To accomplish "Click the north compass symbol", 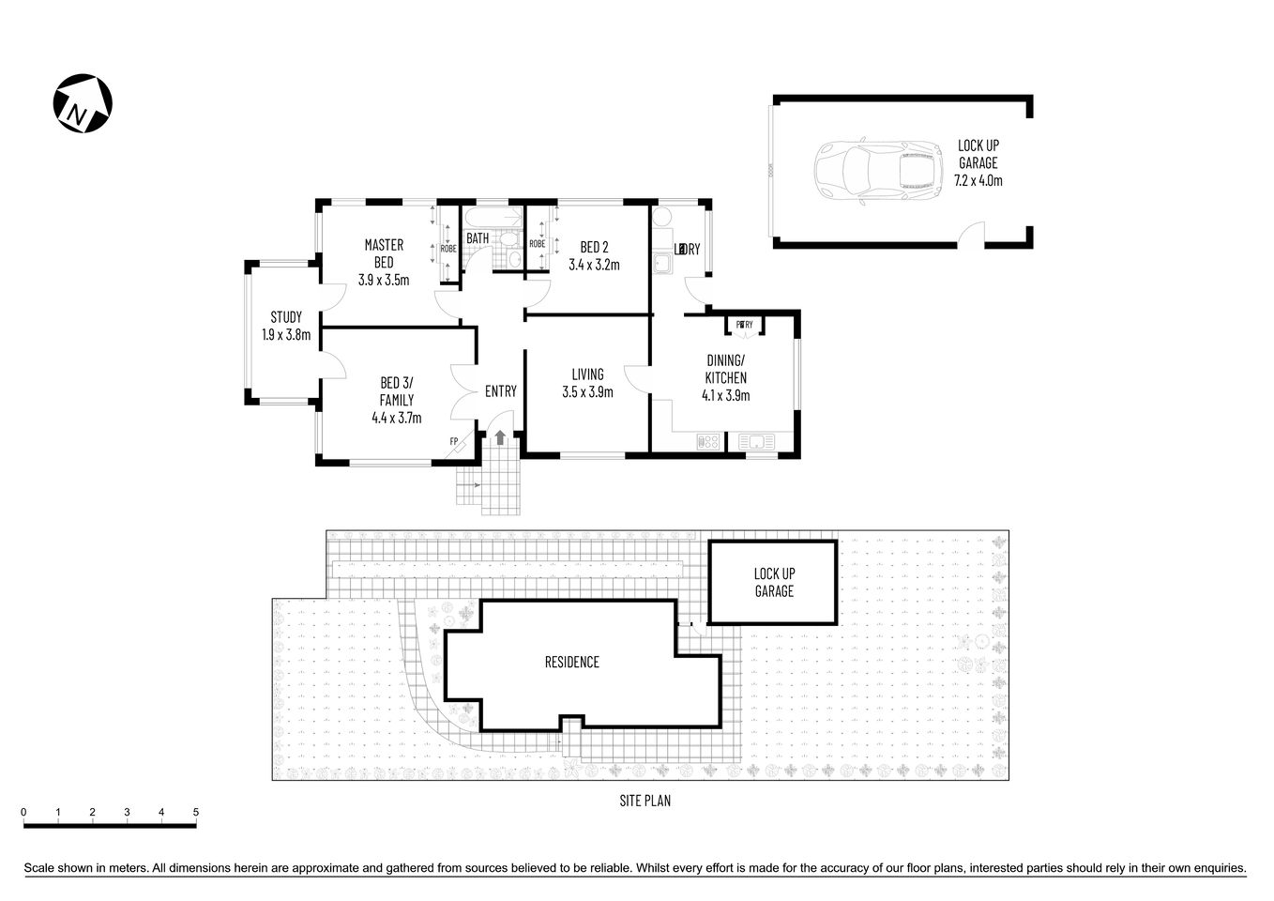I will point(83,103).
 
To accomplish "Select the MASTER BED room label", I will point(384,253).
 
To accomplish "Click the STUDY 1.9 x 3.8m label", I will point(286,326).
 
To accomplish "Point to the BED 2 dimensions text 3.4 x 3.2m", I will point(594,265).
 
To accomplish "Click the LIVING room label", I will point(587,374).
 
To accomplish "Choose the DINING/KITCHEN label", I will point(725,369).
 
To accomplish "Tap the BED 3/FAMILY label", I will point(396,391).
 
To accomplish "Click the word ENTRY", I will point(500,391).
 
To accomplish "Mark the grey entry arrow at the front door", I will point(500,436).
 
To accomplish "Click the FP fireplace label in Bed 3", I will point(454,441).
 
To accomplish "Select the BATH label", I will point(478,238).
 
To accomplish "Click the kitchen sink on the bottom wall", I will point(754,440).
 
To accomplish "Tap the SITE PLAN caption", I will point(645,802).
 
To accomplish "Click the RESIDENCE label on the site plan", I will point(571,663).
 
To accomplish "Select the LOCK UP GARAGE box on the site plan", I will point(773,582).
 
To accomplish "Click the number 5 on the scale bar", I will point(196,813).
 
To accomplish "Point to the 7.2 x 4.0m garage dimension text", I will point(978,180).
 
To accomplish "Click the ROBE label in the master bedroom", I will point(447,248).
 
